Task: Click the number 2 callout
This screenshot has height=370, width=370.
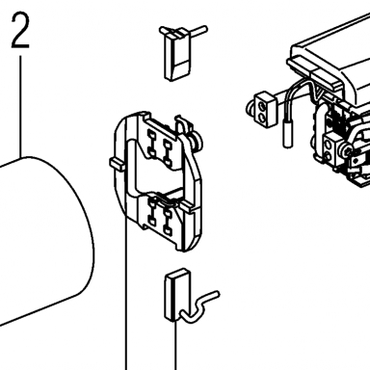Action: coord(20,31)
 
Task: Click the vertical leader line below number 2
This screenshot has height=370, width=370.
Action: coord(21,107)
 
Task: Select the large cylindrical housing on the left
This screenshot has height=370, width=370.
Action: coord(45,241)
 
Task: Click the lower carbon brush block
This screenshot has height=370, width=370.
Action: coord(176,295)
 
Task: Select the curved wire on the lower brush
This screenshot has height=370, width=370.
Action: coord(200,305)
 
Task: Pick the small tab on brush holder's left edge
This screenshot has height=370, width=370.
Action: coord(117,164)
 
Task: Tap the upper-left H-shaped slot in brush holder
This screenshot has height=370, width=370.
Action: coord(152,143)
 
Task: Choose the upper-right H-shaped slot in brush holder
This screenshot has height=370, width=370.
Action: coord(168,152)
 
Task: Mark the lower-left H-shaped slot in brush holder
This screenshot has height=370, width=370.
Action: coord(152,211)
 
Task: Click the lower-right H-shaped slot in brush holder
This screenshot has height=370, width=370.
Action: coord(168,222)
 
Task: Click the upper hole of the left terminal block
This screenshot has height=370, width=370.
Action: coord(263,104)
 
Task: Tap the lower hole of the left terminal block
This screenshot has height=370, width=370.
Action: coord(263,117)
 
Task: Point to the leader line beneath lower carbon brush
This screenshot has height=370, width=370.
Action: coord(175,345)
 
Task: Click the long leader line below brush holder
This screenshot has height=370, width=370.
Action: coord(125,294)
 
